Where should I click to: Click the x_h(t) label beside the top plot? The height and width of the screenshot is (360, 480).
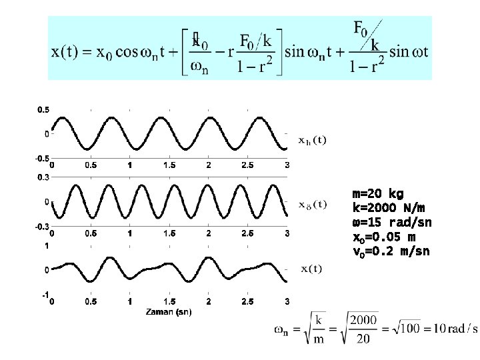pos(311,140)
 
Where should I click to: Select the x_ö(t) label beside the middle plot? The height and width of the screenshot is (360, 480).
pos(311,204)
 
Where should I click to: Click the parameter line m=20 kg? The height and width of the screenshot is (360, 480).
pos(377,194)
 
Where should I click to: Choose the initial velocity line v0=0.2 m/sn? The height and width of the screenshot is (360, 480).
pos(391,251)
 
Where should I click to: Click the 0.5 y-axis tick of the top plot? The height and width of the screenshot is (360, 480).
pos(42,109)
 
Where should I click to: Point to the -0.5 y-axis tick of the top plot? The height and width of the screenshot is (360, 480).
pos(41,159)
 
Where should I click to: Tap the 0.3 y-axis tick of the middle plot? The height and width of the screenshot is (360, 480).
pos(42,177)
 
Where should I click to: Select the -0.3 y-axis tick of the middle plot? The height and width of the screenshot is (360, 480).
pos(41,227)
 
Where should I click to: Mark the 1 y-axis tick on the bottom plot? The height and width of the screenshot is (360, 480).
pos(45,246)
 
